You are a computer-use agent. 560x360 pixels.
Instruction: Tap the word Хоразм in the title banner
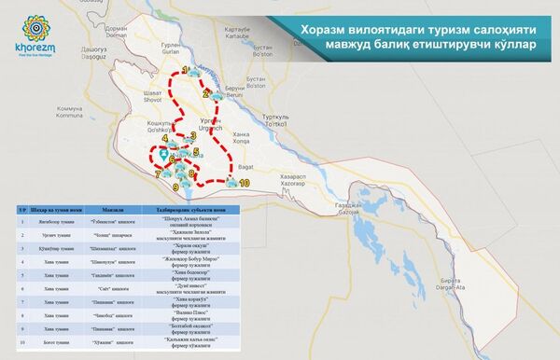[324, 32]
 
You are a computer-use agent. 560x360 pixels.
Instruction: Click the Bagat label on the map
[246, 164]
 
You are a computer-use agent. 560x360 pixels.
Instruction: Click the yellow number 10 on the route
[245, 184]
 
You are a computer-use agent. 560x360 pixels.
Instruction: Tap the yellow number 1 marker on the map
[185, 70]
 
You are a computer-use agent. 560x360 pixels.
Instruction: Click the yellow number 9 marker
[175, 188]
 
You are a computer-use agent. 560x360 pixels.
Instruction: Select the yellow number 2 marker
[205, 93]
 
